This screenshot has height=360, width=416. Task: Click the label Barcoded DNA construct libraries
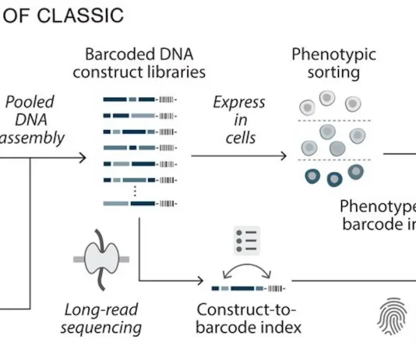pos(148,64)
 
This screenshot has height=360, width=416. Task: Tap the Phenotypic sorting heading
pos(333,64)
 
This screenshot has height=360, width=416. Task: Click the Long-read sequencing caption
pos(104,319)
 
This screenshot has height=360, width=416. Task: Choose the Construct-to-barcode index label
pos(249,319)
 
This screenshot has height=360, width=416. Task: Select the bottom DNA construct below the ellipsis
pos(140,204)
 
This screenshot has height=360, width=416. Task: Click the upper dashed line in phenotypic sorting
pos(334,120)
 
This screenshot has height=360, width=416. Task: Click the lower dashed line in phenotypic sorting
pos(334,160)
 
